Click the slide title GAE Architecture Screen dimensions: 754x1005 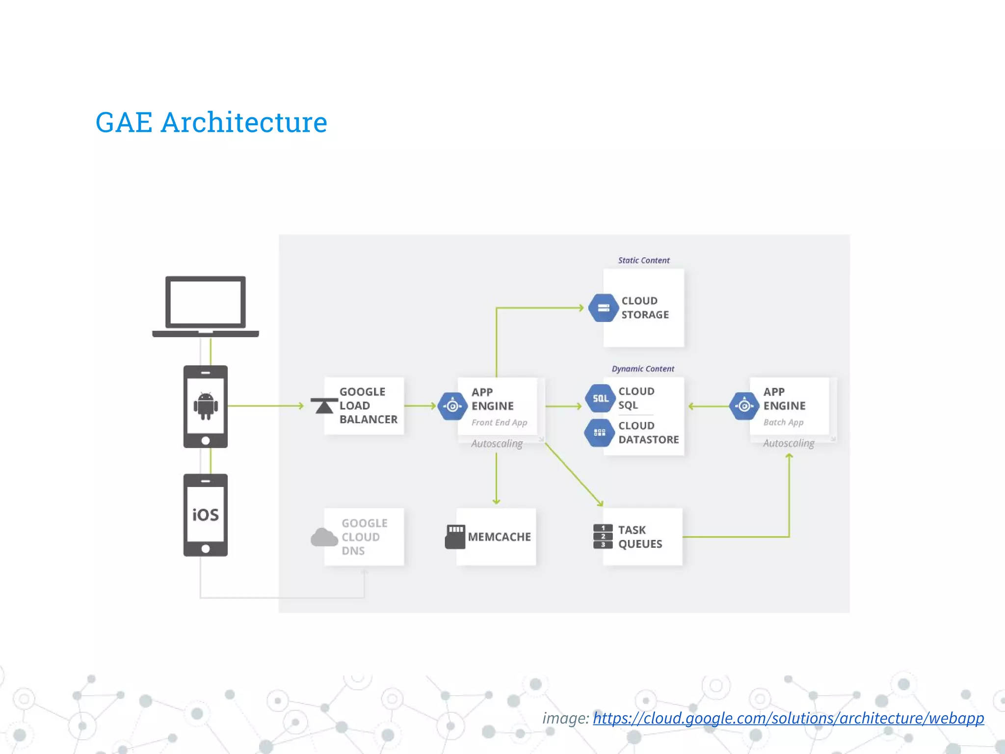[211, 122]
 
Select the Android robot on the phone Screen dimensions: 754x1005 [206, 405]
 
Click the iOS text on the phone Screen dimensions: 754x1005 [206, 515]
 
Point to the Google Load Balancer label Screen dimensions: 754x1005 [368, 405]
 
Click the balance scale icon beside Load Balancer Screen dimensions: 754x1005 [324, 406]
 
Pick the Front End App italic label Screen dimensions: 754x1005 [499, 423]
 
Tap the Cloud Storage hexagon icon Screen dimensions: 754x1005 [603, 308]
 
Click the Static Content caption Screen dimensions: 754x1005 [643, 261]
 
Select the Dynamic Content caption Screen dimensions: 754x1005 [643, 369]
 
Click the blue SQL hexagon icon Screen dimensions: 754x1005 [600, 398]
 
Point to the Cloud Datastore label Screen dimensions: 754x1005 [648, 432]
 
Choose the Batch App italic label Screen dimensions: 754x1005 [783, 423]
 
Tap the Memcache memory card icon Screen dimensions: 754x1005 [455, 537]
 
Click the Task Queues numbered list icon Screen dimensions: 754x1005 [603, 537]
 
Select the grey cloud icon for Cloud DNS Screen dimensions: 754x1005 [324, 538]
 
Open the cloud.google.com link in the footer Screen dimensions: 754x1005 [788, 718]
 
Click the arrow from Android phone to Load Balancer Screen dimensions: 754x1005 [265, 406]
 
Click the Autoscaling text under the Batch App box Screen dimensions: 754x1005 [788, 443]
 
